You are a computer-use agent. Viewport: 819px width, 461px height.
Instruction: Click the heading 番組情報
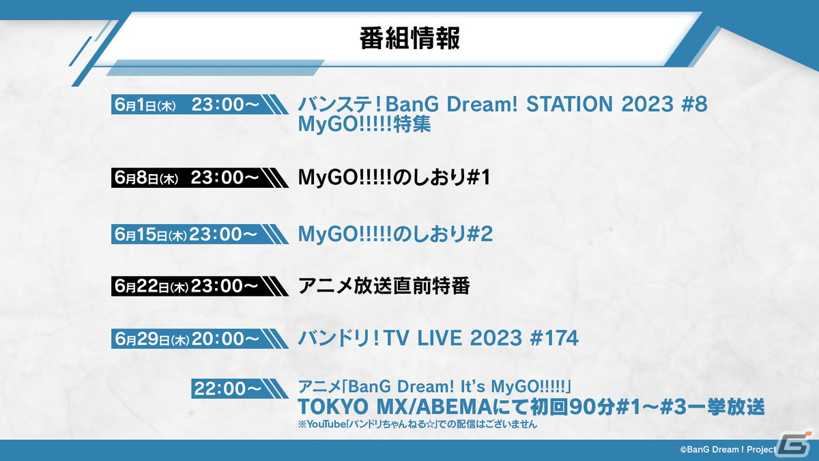click(x=409, y=38)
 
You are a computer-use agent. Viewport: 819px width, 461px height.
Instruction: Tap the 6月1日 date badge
click(x=199, y=104)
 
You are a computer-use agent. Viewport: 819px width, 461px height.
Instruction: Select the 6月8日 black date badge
click(x=199, y=178)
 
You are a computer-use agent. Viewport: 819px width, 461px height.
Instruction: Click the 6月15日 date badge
click(x=199, y=234)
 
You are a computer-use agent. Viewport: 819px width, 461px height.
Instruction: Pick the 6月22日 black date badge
click(x=199, y=286)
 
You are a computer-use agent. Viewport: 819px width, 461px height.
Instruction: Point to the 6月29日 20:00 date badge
click(x=199, y=339)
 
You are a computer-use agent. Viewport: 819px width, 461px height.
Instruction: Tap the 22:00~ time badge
click(x=240, y=389)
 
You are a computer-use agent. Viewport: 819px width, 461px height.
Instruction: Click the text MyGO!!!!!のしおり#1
click(x=394, y=178)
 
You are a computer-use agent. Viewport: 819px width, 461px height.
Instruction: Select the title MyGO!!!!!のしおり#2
click(x=395, y=234)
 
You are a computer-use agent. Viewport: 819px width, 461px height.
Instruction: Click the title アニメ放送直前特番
click(x=384, y=286)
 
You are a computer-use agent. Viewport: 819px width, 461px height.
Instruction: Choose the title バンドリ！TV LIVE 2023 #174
click(x=438, y=338)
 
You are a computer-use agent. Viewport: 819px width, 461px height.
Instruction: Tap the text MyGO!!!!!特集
click(x=364, y=124)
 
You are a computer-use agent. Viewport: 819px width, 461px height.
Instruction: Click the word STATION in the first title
click(x=569, y=104)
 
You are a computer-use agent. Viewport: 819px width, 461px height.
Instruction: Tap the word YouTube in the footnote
click(x=326, y=424)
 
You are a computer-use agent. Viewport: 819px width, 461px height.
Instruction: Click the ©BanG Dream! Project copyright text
click(x=728, y=449)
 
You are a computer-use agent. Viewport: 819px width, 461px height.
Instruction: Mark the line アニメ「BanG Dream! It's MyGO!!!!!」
click(x=435, y=386)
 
